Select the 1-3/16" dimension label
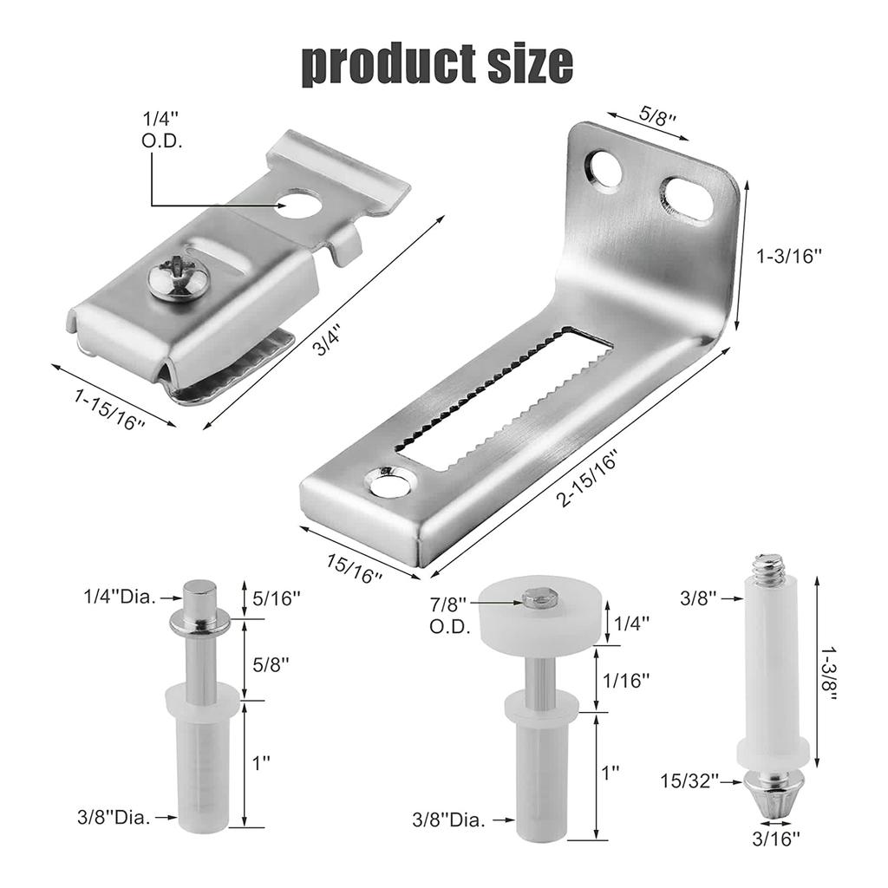[788, 255]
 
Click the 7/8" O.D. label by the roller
[448, 615]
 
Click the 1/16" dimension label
[628, 681]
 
